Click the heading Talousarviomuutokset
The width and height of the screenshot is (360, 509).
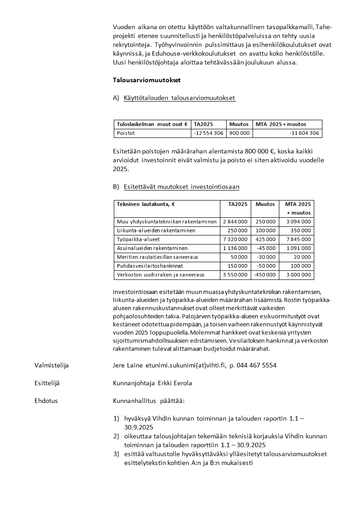[146, 80]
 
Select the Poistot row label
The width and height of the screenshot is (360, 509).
[126, 133]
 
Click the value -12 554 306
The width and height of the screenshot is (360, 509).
[208, 133]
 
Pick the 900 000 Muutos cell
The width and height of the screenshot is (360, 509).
[239, 133]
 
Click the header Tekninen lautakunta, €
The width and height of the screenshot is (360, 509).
[146, 204]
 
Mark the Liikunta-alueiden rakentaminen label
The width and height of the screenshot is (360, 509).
[156, 231]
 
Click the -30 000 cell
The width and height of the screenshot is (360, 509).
[265, 257]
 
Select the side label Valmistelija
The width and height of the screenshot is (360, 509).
[52, 365]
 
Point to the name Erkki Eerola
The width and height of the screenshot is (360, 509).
[175, 383]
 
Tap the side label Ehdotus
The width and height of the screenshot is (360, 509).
[46, 401]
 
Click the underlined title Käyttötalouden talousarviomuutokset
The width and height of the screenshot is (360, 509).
[180, 98]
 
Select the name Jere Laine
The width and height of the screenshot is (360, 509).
[128, 365]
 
